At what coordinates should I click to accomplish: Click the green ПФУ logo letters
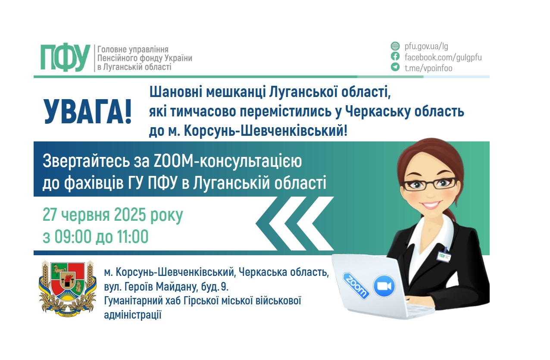(65, 57)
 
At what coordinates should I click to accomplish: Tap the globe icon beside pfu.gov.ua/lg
(395, 46)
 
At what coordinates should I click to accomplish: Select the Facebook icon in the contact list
(395, 56)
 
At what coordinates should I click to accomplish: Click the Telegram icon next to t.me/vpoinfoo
(395, 67)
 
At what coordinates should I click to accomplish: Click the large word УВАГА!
(88, 112)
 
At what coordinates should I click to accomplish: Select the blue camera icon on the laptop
(384, 286)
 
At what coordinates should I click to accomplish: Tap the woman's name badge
(444, 256)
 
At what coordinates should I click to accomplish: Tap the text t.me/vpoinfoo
(428, 68)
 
